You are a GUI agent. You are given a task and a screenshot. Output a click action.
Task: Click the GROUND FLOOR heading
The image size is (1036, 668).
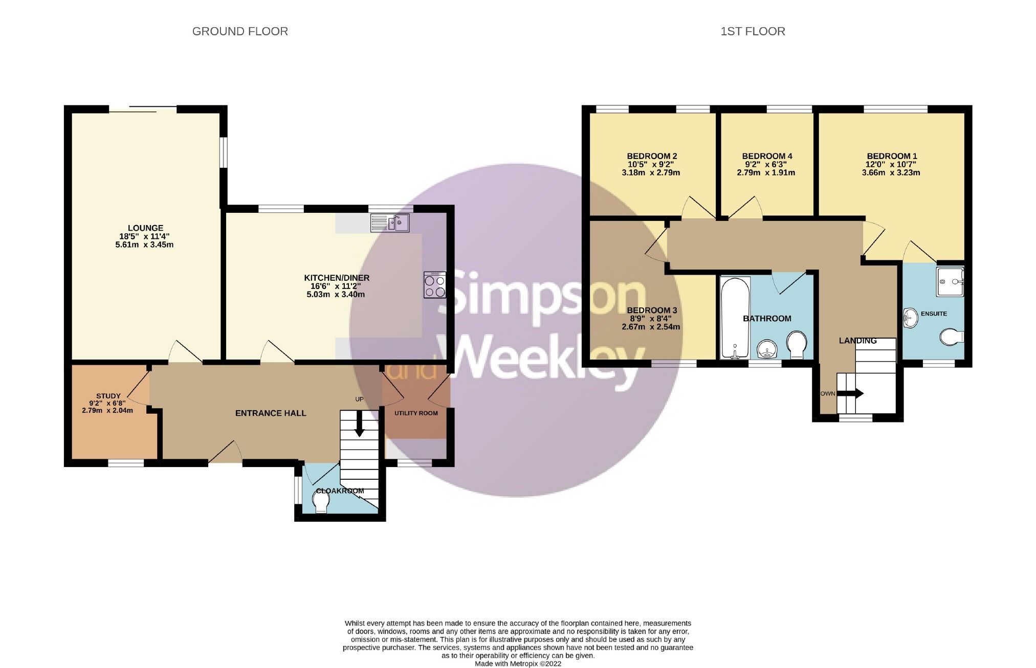[240, 32]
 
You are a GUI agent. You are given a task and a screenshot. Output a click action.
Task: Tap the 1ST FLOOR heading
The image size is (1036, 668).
[753, 32]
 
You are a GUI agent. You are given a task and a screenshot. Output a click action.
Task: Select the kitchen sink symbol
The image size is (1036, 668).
[390, 223]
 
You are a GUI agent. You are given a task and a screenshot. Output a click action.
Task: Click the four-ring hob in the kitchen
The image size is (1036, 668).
[434, 285]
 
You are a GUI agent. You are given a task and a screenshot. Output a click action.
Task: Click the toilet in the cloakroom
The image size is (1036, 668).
[321, 503]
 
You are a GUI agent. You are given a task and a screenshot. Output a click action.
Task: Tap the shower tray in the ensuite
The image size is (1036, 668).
[950, 281]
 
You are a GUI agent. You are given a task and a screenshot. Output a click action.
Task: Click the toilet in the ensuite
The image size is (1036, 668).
[952, 337]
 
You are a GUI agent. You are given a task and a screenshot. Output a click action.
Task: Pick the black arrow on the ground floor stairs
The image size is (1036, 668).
[359, 425]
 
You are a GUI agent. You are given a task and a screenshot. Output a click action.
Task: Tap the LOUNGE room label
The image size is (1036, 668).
[145, 228]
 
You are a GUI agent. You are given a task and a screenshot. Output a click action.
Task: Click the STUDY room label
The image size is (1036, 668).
[108, 396]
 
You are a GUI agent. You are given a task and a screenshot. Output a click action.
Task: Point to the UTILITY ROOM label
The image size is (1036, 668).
[416, 413]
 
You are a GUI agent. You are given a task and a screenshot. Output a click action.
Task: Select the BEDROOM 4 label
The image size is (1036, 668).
[767, 156]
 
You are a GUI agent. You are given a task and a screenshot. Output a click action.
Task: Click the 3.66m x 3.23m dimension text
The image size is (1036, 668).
[891, 173]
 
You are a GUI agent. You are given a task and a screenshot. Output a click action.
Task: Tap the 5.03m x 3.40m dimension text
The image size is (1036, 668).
[336, 295]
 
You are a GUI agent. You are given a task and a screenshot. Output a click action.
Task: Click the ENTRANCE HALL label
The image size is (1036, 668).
[271, 413]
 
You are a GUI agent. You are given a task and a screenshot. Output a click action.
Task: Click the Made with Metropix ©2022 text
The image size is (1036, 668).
[518, 664]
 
